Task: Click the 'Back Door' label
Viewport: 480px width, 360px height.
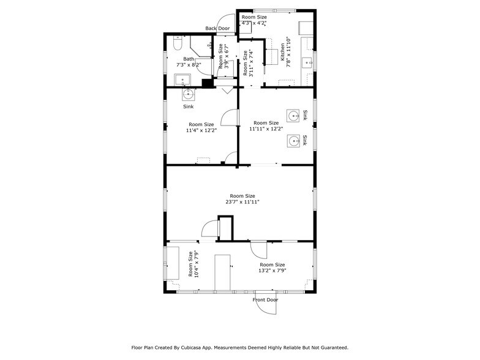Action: click(217, 28)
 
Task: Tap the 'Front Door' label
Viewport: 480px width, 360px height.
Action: click(265, 300)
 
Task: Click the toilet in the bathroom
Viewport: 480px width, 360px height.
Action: click(177, 44)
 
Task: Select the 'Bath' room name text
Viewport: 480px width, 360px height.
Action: click(189, 59)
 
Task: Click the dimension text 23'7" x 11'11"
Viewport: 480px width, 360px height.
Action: click(242, 201)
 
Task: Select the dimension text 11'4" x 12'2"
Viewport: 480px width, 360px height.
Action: click(201, 130)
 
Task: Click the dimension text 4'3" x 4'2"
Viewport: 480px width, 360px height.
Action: click(253, 23)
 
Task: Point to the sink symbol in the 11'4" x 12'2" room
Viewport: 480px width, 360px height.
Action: click(189, 94)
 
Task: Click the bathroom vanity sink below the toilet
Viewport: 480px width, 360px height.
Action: click(182, 79)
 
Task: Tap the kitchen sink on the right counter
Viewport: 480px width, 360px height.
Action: click(307, 61)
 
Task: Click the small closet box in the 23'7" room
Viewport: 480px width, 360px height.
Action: click(225, 228)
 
